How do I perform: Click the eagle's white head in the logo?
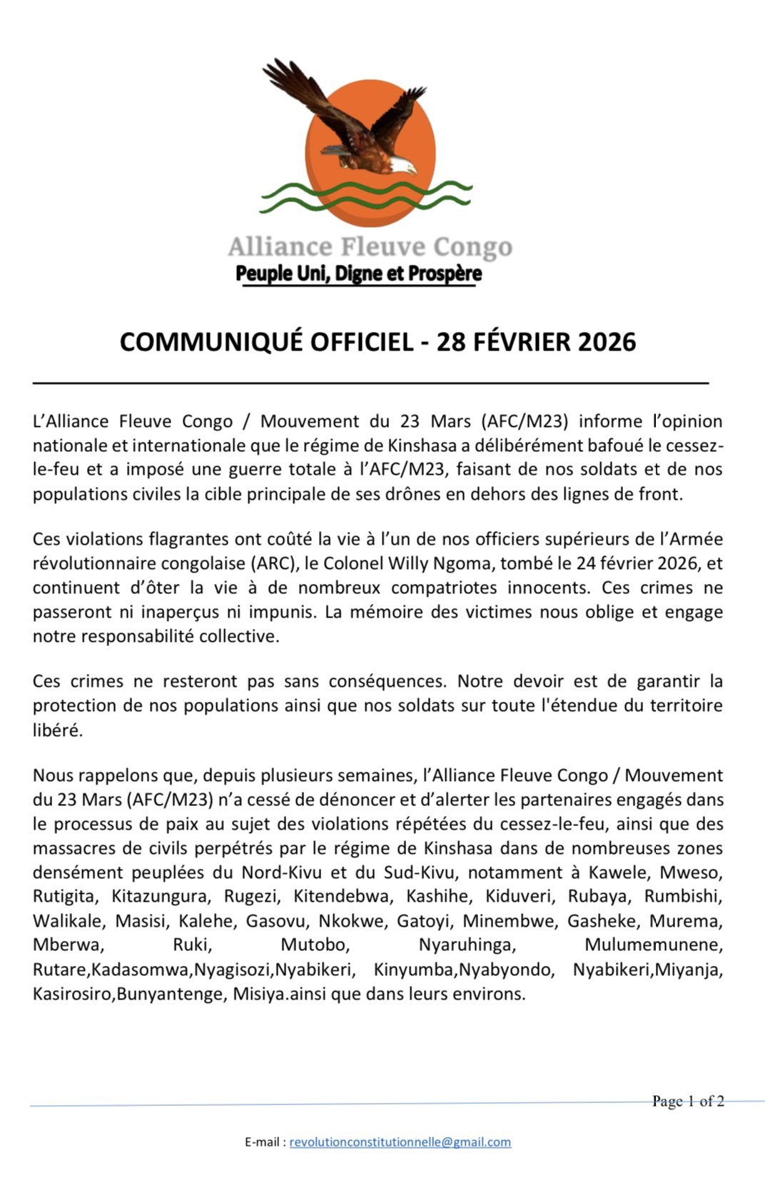coord(405,166)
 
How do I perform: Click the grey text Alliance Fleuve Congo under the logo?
coord(370,247)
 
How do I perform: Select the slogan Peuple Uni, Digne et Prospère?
coord(358,273)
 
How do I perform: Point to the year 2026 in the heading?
coord(607,342)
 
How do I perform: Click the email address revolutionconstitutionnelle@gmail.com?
coord(400,1142)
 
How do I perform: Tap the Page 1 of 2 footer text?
coord(687,1101)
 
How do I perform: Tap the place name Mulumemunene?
coord(653,945)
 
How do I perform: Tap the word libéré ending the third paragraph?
coord(57,730)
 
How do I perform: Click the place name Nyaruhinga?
coord(466,945)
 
